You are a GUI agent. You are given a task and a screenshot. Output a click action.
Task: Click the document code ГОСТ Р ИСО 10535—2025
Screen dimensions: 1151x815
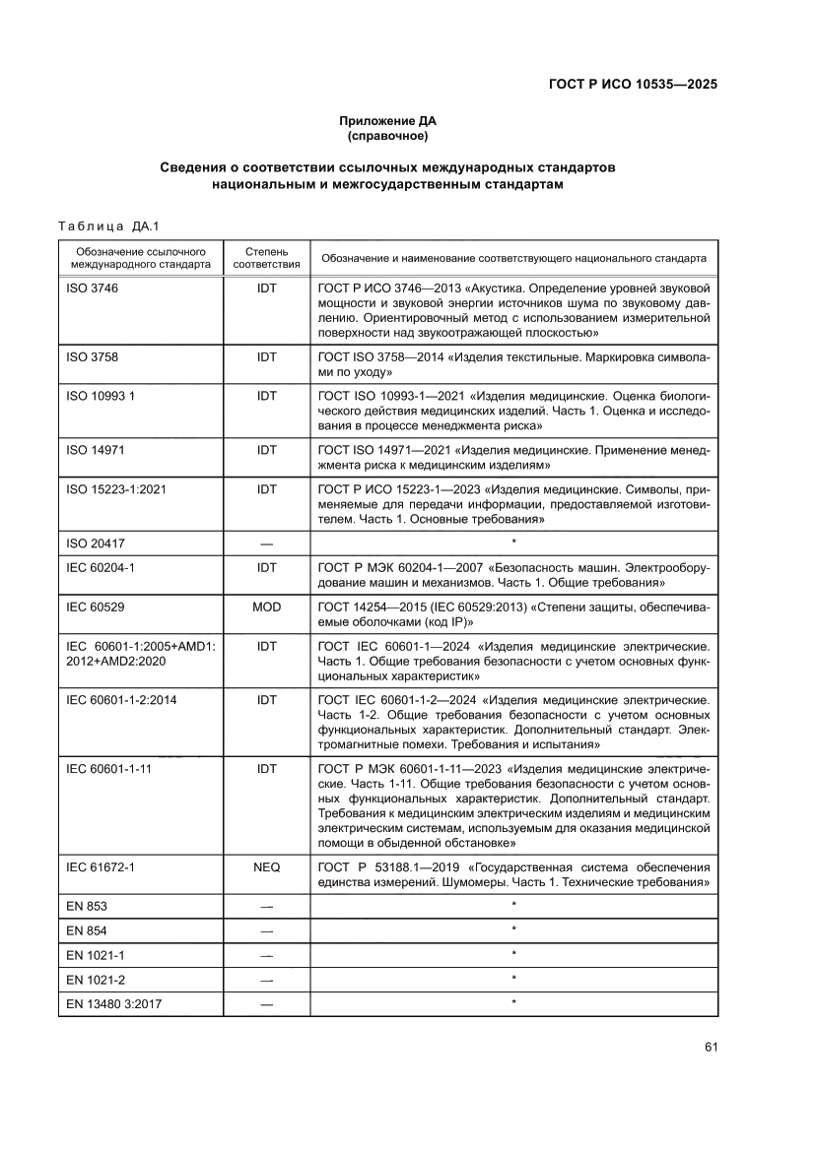(x=632, y=85)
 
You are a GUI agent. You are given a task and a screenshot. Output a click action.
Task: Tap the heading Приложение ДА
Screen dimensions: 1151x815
(x=387, y=121)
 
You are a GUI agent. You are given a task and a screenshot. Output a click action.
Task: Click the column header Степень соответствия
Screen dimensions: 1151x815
(x=266, y=258)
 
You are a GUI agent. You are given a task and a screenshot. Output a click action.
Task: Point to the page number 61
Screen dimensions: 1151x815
(x=710, y=1046)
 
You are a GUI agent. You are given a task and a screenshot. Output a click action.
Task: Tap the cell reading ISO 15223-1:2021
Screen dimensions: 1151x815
(x=115, y=487)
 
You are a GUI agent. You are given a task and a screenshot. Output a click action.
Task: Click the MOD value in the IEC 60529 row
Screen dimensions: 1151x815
(x=266, y=607)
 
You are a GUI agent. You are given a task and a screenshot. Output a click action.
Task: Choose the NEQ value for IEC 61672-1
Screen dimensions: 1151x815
(x=266, y=867)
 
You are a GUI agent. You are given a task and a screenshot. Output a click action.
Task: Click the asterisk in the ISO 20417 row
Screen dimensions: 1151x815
(x=513, y=543)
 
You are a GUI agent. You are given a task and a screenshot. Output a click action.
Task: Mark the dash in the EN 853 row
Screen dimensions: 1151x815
(x=266, y=906)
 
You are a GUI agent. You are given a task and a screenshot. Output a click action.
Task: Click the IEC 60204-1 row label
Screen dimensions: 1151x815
(x=100, y=568)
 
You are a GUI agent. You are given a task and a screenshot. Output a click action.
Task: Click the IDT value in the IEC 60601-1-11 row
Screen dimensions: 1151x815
(x=266, y=768)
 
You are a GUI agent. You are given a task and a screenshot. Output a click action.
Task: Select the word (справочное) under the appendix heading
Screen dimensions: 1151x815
(x=387, y=135)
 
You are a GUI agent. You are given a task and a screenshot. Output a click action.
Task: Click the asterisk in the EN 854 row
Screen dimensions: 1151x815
(x=513, y=930)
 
